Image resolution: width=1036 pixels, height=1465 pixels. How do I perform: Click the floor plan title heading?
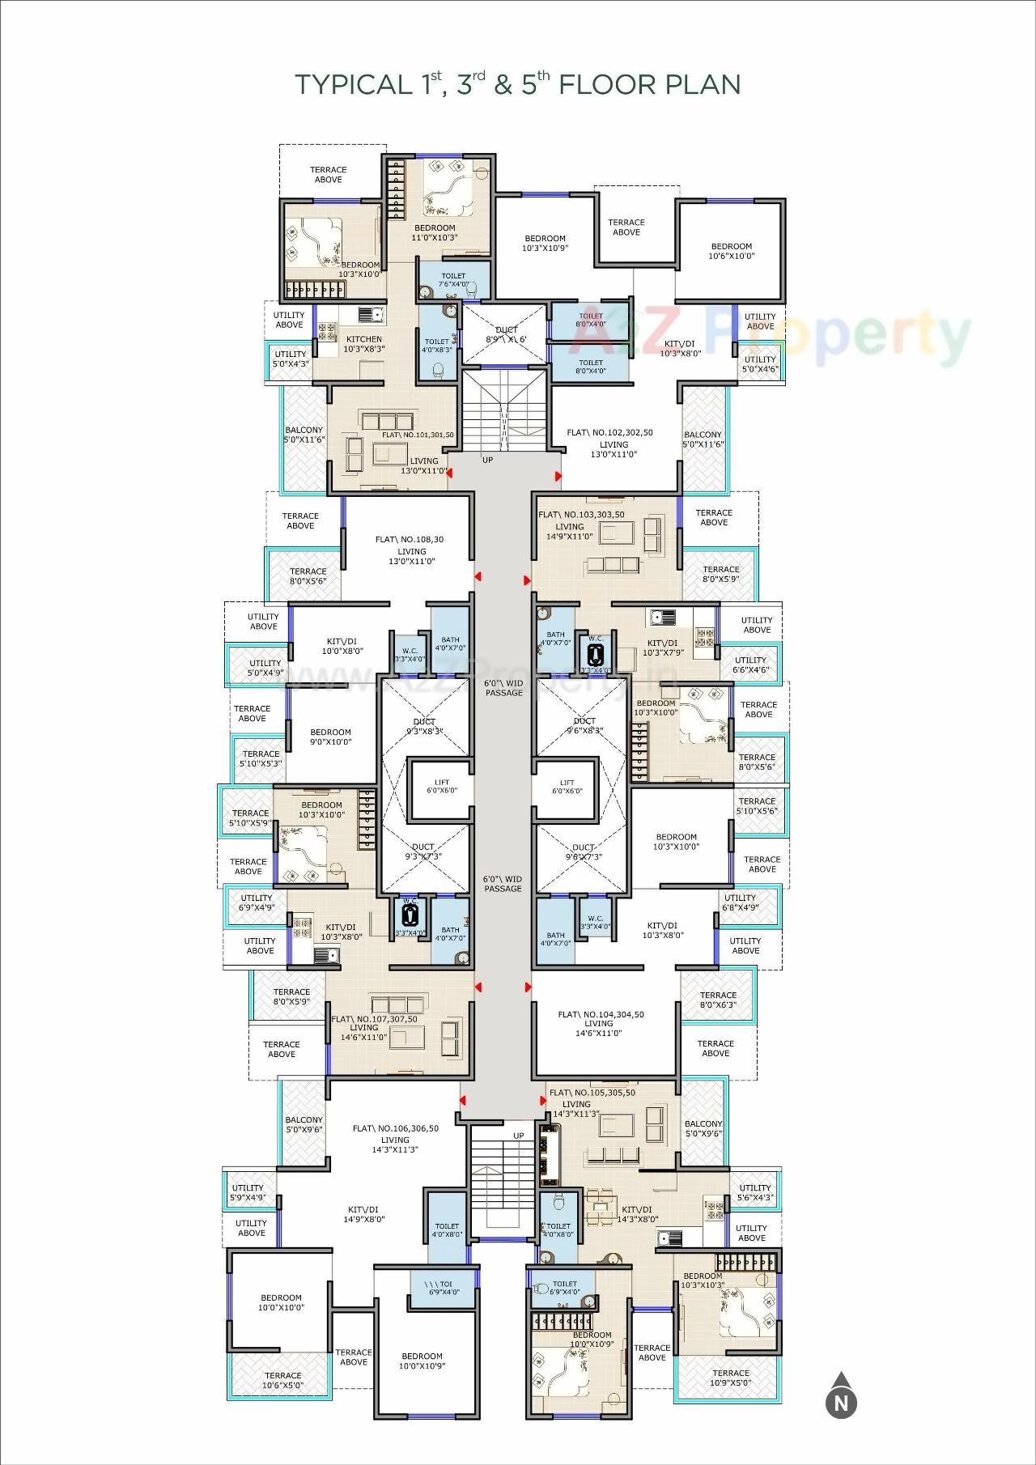(x=517, y=84)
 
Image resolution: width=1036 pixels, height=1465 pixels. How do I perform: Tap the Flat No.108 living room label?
(x=410, y=550)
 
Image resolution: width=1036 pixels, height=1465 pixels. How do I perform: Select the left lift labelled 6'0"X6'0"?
(x=441, y=787)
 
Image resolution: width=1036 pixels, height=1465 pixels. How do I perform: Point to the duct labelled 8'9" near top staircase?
(x=507, y=334)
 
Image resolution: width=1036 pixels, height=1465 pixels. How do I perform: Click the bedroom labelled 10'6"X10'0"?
(x=731, y=251)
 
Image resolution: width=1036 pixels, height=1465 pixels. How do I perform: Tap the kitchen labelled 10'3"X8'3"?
(x=363, y=344)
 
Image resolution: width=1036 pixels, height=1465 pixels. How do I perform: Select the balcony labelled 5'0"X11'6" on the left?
(x=304, y=435)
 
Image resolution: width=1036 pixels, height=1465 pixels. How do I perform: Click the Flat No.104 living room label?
(x=600, y=1024)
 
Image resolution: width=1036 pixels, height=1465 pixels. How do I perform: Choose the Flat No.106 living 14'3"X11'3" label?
(x=395, y=1140)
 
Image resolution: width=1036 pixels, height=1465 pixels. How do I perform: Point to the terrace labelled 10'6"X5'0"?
(x=282, y=1380)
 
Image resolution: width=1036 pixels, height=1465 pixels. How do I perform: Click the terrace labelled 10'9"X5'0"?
(x=730, y=1378)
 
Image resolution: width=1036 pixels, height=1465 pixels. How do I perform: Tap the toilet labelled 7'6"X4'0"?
(x=453, y=280)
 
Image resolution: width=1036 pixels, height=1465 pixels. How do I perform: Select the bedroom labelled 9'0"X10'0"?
(x=330, y=737)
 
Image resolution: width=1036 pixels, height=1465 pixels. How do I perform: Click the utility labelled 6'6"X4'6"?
(x=750, y=665)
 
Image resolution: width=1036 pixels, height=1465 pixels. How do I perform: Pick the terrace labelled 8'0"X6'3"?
(x=718, y=1000)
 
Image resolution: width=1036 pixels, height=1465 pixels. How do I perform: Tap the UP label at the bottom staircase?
(x=519, y=1136)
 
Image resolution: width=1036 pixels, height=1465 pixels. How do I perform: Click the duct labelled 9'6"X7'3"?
(x=583, y=851)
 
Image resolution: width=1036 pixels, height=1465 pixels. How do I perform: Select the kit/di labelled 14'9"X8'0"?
(x=363, y=1214)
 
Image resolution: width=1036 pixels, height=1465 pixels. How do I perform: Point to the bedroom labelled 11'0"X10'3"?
(x=435, y=232)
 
